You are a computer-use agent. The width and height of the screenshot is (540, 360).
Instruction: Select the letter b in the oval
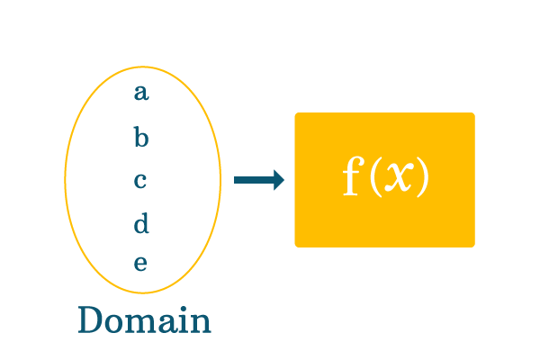coord(140,138)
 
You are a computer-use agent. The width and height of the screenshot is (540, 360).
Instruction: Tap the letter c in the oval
coord(140,180)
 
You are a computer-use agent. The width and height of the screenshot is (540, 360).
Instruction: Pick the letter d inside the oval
coord(141,222)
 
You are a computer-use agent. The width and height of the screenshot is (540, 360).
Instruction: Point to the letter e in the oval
coord(141,264)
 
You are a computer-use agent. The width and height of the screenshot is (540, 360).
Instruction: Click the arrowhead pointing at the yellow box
coord(278,180)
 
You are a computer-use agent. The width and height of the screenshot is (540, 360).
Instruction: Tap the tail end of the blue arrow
coord(237,180)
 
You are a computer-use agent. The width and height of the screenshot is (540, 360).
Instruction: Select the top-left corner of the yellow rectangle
coord(296,114)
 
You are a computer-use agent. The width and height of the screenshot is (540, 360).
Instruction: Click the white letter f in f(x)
coord(352,177)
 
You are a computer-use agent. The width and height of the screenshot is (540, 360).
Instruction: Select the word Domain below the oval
coord(144,320)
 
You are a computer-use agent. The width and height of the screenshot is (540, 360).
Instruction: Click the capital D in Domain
coord(90,320)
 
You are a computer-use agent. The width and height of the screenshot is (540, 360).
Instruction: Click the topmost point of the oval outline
coord(142,67)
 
